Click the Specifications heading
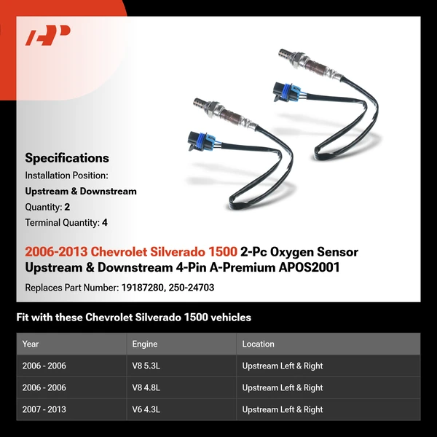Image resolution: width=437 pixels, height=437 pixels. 67,158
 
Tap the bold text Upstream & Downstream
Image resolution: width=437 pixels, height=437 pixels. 81,192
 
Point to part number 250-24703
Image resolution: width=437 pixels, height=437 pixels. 191,288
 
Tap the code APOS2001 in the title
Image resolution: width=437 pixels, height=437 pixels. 309,268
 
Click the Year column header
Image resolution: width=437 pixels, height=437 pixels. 31,344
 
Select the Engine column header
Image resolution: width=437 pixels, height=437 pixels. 144,344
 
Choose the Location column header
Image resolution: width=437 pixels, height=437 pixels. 258,344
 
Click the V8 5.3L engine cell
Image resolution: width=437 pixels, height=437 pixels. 147,366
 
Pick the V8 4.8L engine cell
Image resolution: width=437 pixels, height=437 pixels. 147,387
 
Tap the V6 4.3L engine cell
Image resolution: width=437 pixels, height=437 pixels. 147,409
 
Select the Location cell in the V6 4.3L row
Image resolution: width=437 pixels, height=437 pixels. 282,409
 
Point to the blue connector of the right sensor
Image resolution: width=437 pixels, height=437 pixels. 284,91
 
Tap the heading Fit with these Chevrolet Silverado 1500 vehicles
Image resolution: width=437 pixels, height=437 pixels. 133,318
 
